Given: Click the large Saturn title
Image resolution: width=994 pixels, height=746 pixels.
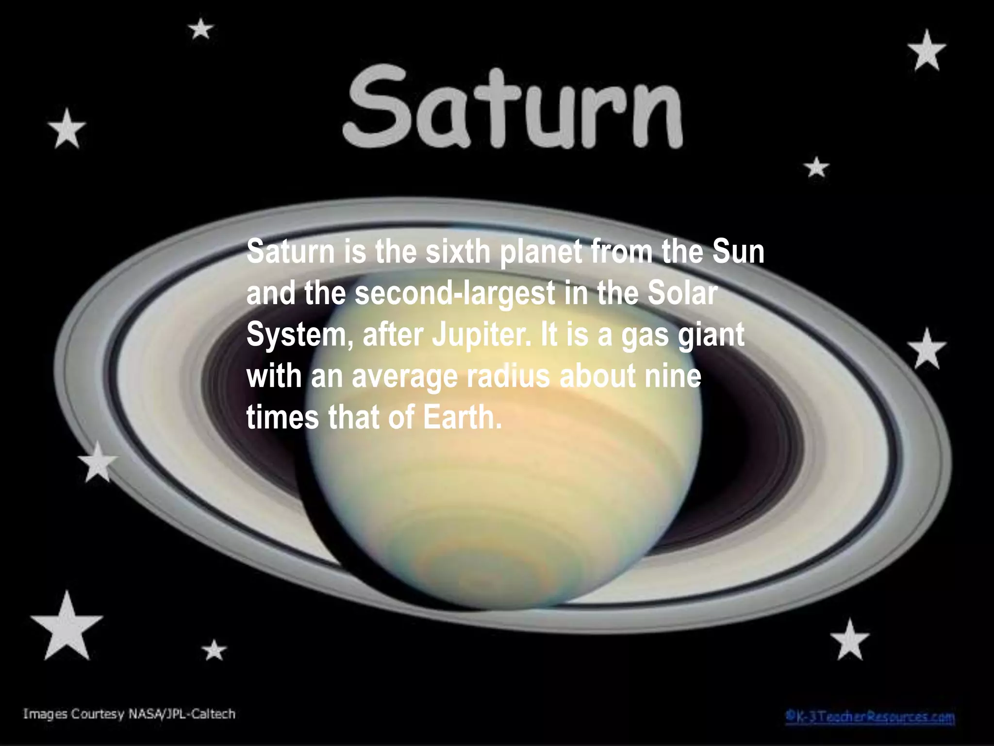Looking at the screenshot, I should pos(514,108).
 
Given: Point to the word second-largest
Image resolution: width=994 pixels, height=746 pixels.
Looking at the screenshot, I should pos(455,293).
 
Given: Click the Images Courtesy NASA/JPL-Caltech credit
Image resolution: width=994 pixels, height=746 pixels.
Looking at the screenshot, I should pos(129,714).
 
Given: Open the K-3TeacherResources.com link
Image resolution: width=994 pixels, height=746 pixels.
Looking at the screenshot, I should pos(870,717).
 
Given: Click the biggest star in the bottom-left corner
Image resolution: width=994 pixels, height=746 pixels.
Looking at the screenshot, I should pos(66,627).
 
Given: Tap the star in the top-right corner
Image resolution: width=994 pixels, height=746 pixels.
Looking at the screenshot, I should pos(927,51).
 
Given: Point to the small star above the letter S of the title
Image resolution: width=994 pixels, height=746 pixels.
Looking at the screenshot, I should pos(200,29).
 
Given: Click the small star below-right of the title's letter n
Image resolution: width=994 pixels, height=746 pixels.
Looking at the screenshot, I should pos(816,168).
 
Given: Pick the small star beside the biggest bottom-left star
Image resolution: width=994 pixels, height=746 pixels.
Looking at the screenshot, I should pos(214,650).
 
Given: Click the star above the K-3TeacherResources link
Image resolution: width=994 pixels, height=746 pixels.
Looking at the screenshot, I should pos(850,640).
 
